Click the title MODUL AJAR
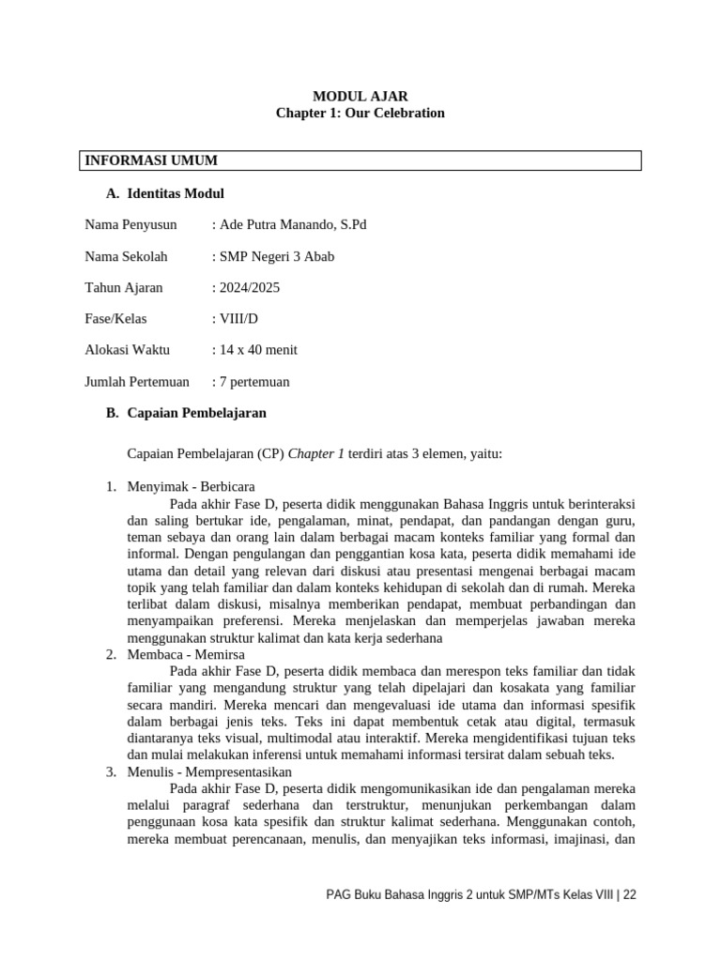[x=360, y=96]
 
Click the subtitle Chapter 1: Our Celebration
[x=360, y=113]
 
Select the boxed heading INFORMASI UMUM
[x=151, y=160]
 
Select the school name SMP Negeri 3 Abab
[x=274, y=256]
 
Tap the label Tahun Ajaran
[x=124, y=287]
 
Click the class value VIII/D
[x=237, y=318]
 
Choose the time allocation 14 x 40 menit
[x=256, y=350]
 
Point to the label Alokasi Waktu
[x=127, y=350]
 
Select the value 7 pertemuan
[x=253, y=381]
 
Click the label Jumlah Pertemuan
[x=137, y=381]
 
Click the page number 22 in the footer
[x=629, y=894]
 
